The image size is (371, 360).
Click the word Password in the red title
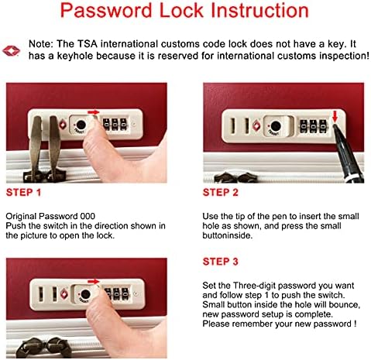click(106, 10)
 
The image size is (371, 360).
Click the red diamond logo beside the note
click(11, 51)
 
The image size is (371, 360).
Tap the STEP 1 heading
click(23, 193)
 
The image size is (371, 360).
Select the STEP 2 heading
click(221, 193)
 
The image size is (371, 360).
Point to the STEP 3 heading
click(221, 262)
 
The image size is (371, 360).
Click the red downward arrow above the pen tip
click(335, 117)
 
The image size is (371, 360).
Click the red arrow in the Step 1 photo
click(93, 112)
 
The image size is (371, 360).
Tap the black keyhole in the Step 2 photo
click(276, 125)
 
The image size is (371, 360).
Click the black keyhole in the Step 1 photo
click(81, 125)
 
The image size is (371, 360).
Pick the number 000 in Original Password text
click(88, 216)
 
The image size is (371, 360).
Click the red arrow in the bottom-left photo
click(93, 281)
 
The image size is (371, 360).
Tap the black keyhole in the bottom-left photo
click(85, 294)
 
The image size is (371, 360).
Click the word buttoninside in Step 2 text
click(227, 235)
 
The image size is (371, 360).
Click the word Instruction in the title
click(259, 10)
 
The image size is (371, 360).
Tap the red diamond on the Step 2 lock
click(256, 125)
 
